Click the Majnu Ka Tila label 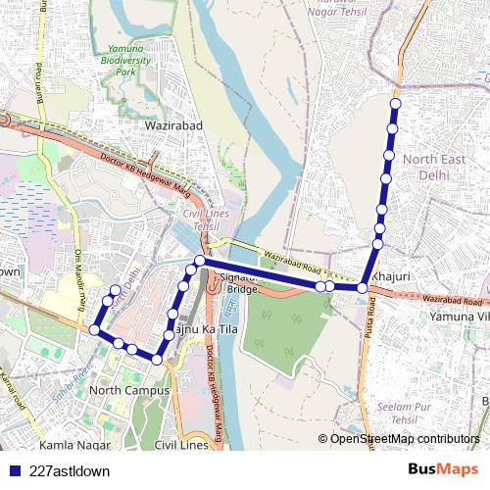[x=206, y=330]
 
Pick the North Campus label [x=129, y=390]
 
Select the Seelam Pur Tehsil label [x=404, y=414]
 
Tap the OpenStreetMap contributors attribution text [x=405, y=438]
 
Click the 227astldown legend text [x=70, y=470]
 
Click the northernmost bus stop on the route [x=396, y=104]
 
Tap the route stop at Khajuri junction [x=363, y=288]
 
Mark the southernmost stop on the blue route [x=157, y=359]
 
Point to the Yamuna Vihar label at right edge [x=459, y=318]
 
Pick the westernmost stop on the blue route [x=95, y=330]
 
